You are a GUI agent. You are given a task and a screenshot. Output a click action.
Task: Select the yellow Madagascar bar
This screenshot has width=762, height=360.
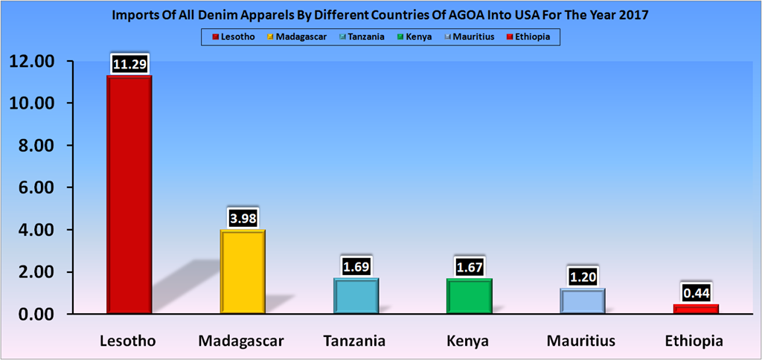click(x=243, y=272)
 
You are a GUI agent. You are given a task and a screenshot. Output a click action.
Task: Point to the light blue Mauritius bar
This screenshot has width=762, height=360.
click(x=582, y=301)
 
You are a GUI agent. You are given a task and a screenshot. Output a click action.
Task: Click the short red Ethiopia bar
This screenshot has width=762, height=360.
click(x=695, y=309)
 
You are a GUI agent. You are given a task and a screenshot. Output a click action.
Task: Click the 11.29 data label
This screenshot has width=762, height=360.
click(x=130, y=65)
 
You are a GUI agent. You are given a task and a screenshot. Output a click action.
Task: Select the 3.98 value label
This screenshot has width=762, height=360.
click(x=243, y=218)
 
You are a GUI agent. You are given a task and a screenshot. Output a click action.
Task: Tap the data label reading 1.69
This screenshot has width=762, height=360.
click(x=356, y=266)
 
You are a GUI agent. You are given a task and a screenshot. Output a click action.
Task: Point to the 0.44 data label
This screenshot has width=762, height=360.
click(x=695, y=293)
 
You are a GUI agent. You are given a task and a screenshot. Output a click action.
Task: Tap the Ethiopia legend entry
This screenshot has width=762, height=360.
click(x=536, y=36)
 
